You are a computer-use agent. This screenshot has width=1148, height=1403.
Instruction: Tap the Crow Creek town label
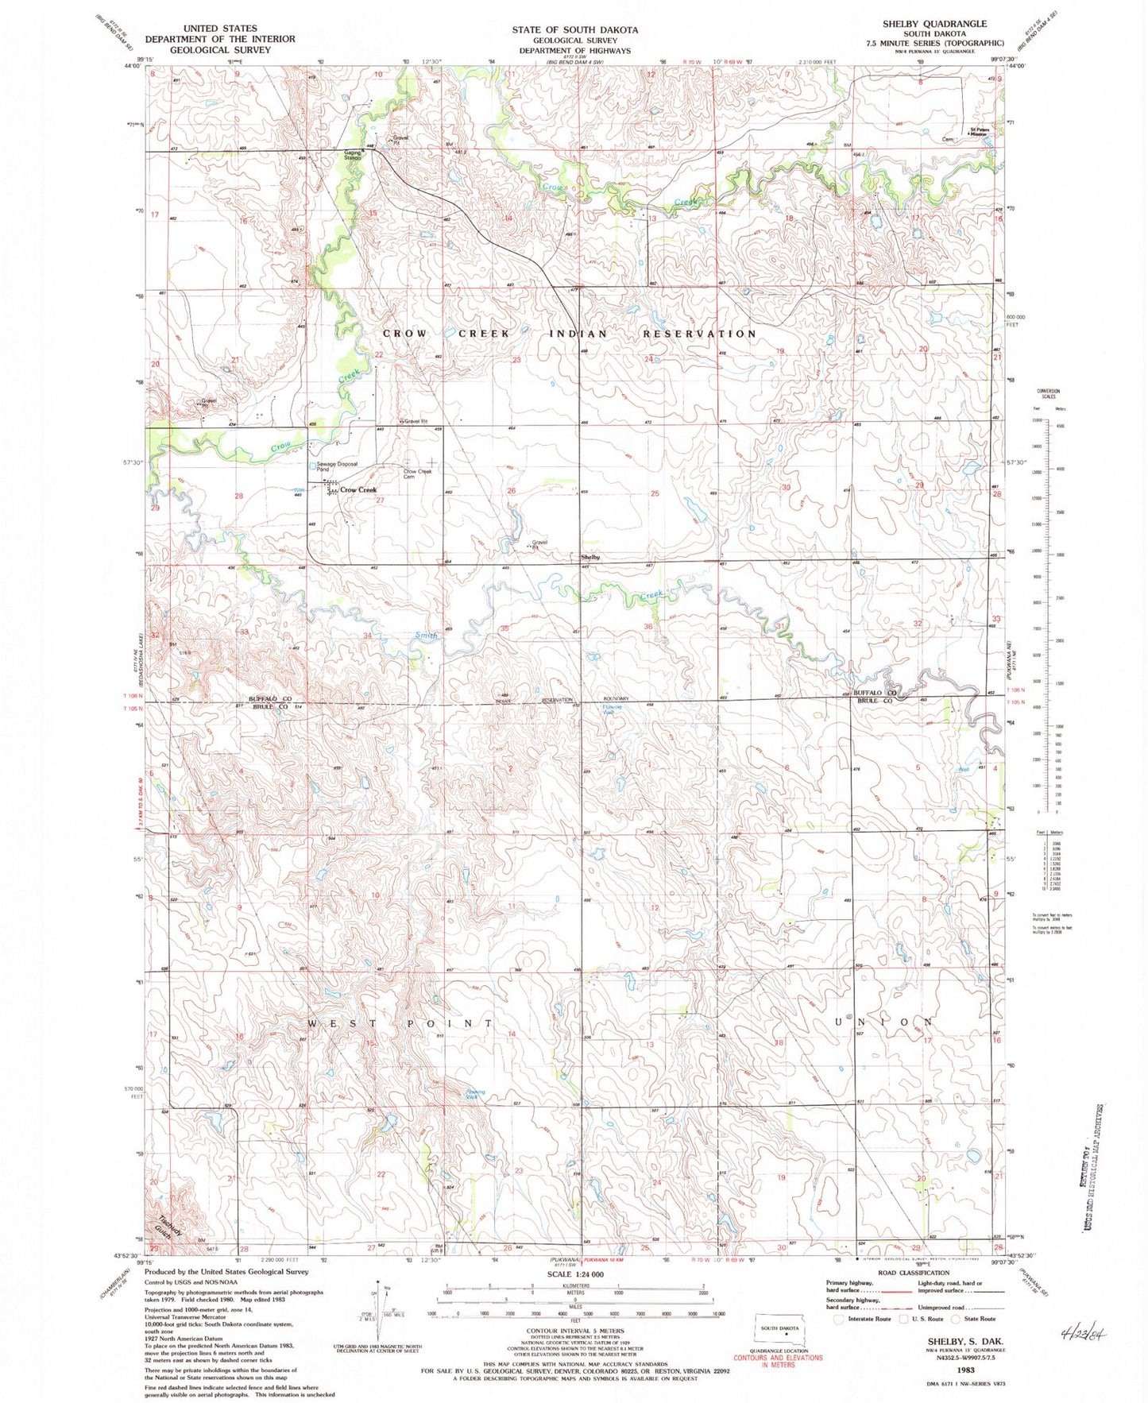coord(358,490)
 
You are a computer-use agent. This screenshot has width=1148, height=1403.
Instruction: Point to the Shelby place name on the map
coord(590,557)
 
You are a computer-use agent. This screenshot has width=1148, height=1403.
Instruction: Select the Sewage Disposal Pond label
coord(338,466)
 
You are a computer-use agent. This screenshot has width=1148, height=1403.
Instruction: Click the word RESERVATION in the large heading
coord(699,334)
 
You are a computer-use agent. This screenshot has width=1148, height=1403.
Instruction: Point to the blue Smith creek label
coord(427,636)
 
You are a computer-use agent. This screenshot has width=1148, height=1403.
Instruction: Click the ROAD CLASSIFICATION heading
coord(906,1272)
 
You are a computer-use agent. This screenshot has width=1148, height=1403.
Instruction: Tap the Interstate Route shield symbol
coord(840,1319)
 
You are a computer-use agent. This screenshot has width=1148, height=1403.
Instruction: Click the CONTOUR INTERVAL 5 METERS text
coord(574,1330)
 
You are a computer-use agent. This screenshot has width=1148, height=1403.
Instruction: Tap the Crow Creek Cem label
coord(418,474)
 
